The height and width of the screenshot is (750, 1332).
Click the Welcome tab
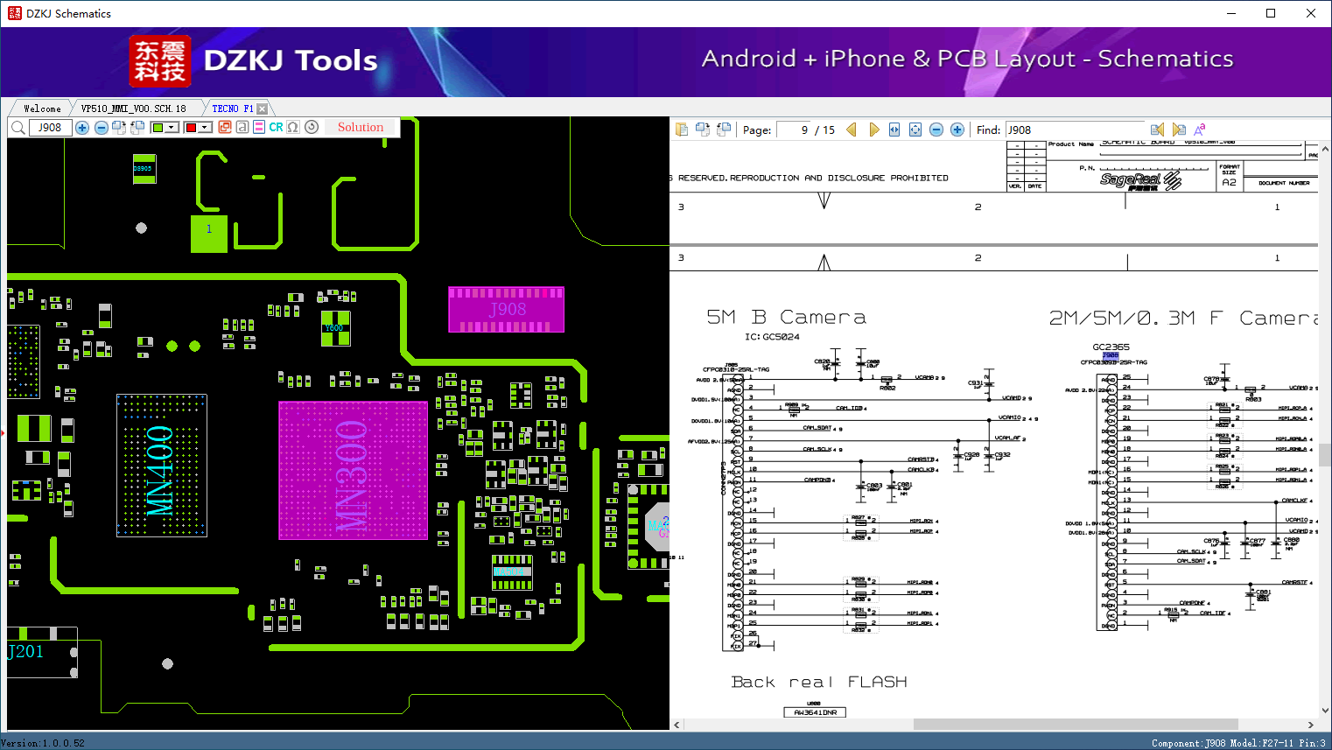click(x=42, y=109)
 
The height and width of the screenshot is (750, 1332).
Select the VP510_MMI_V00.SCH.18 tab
click(x=133, y=109)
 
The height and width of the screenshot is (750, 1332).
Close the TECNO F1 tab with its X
click(x=263, y=109)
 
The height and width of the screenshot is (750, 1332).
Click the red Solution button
click(x=361, y=128)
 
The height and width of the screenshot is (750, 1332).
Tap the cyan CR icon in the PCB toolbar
click(x=276, y=128)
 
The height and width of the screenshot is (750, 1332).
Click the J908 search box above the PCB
click(x=50, y=128)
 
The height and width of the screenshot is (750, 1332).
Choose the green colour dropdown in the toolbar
click(x=165, y=128)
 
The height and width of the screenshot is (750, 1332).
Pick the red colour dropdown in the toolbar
click(x=198, y=128)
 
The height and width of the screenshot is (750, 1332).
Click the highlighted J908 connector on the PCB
click(x=506, y=310)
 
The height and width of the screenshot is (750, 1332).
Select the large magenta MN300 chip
click(x=353, y=470)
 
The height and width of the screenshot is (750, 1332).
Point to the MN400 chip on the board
click(x=161, y=465)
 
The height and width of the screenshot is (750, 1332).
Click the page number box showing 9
click(x=794, y=130)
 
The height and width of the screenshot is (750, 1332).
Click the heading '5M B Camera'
click(x=786, y=318)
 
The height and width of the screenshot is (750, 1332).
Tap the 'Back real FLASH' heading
click(x=818, y=682)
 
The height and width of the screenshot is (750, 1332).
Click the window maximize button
click(x=1271, y=13)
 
